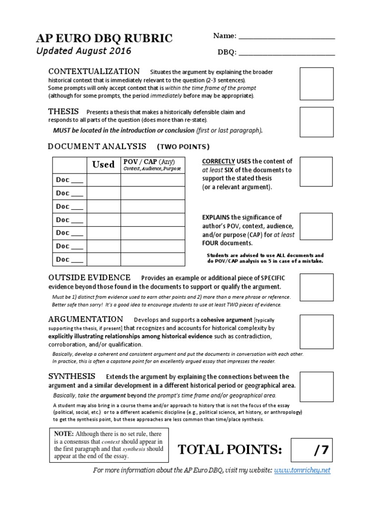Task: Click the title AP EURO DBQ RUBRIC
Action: click(x=105, y=38)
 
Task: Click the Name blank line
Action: click(x=287, y=37)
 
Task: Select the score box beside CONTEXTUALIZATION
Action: click(x=317, y=84)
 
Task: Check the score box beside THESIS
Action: click(x=317, y=122)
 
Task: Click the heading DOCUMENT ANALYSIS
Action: click(x=97, y=146)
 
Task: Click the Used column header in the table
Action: click(x=104, y=165)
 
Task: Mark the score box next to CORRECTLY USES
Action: click(x=317, y=171)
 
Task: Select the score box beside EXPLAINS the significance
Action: click(x=317, y=227)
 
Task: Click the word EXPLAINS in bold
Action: click(x=215, y=217)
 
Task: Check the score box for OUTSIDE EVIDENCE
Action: click(x=317, y=288)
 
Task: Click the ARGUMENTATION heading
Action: click(x=85, y=319)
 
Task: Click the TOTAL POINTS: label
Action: click(x=230, y=450)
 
